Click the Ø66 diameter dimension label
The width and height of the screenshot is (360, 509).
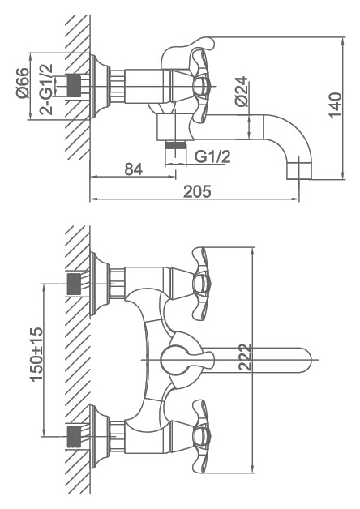point(23,83)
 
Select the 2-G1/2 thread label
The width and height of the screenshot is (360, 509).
point(46,89)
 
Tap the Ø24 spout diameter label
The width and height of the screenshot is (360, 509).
point(242,92)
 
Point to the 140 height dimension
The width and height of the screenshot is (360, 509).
point(335,105)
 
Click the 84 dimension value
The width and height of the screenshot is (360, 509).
point(134,169)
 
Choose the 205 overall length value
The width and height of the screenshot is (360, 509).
point(197,191)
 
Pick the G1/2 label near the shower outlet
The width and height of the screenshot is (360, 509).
point(212,156)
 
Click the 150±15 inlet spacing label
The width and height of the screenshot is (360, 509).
point(36,354)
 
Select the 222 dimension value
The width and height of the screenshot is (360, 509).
point(245,357)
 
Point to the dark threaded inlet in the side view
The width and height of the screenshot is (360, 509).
point(74,87)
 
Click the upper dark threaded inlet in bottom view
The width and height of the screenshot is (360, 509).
point(74,284)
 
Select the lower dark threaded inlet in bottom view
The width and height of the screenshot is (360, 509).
point(74,437)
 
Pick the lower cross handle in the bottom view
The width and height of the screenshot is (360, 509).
point(200,436)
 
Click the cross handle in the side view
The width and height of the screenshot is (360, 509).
point(200,86)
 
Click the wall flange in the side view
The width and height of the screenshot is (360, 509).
point(100,86)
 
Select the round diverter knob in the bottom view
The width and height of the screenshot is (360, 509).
point(173,360)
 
